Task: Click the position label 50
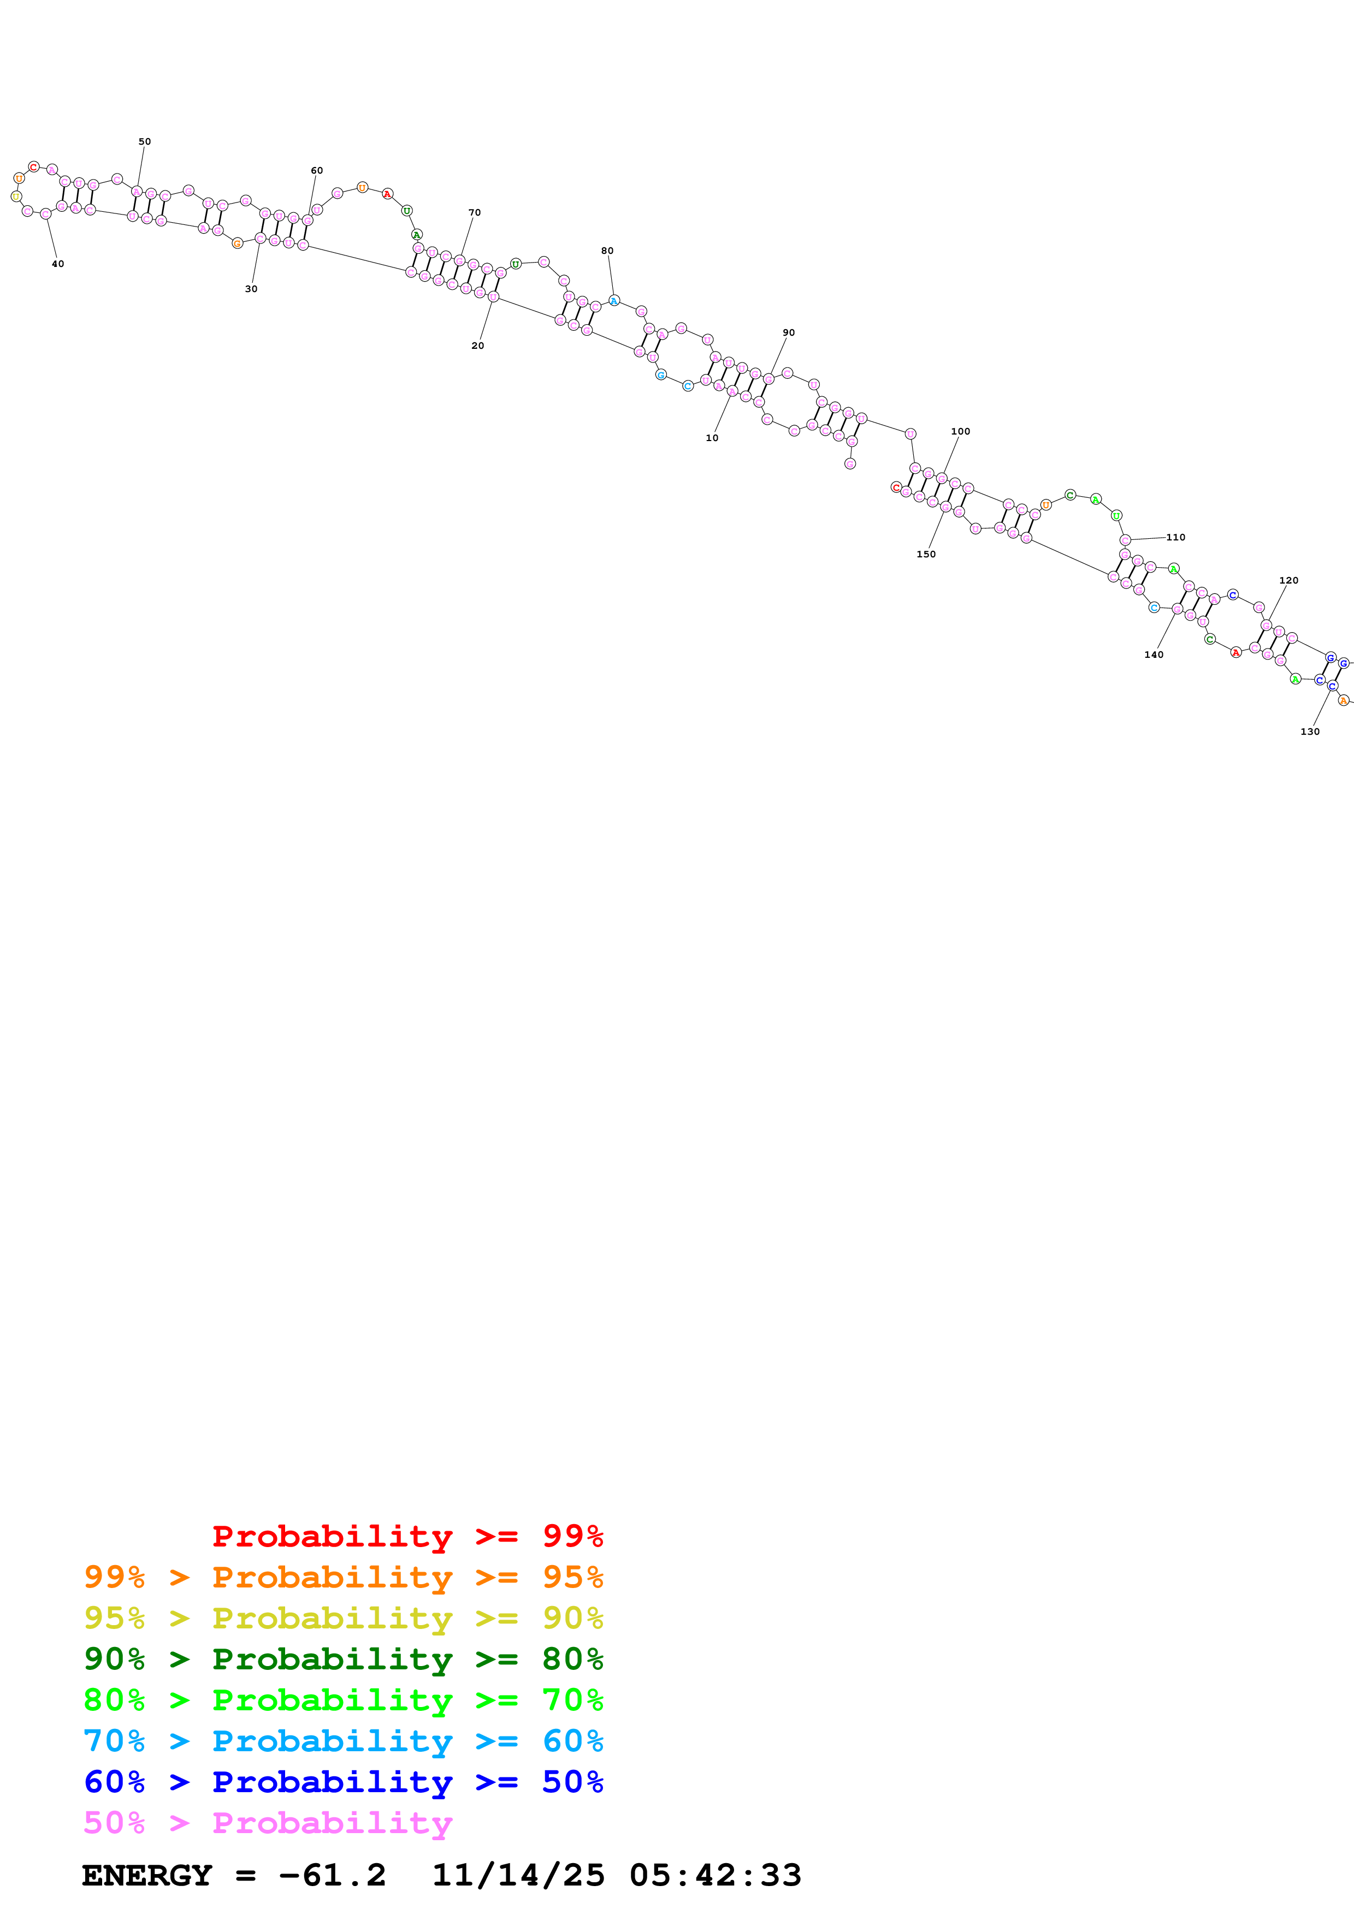pyautogui.click(x=144, y=142)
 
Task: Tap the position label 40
pyautogui.click(x=57, y=264)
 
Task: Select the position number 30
pyautogui.click(x=251, y=289)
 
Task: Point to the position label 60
pyautogui.click(x=317, y=170)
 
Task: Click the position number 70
pyautogui.click(x=475, y=213)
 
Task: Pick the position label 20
pyautogui.click(x=477, y=346)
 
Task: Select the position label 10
pyautogui.click(x=712, y=438)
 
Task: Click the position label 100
pyautogui.click(x=960, y=431)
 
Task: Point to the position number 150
pyautogui.click(x=926, y=554)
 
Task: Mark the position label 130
pyautogui.click(x=1310, y=731)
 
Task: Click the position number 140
pyautogui.click(x=1154, y=655)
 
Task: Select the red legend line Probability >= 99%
pyautogui.click(x=407, y=1536)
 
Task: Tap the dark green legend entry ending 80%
pyautogui.click(x=343, y=1659)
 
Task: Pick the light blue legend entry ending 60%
pyautogui.click(x=343, y=1741)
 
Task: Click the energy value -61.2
pyautogui.click(x=332, y=1875)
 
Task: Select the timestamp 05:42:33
pyautogui.click(x=715, y=1875)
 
